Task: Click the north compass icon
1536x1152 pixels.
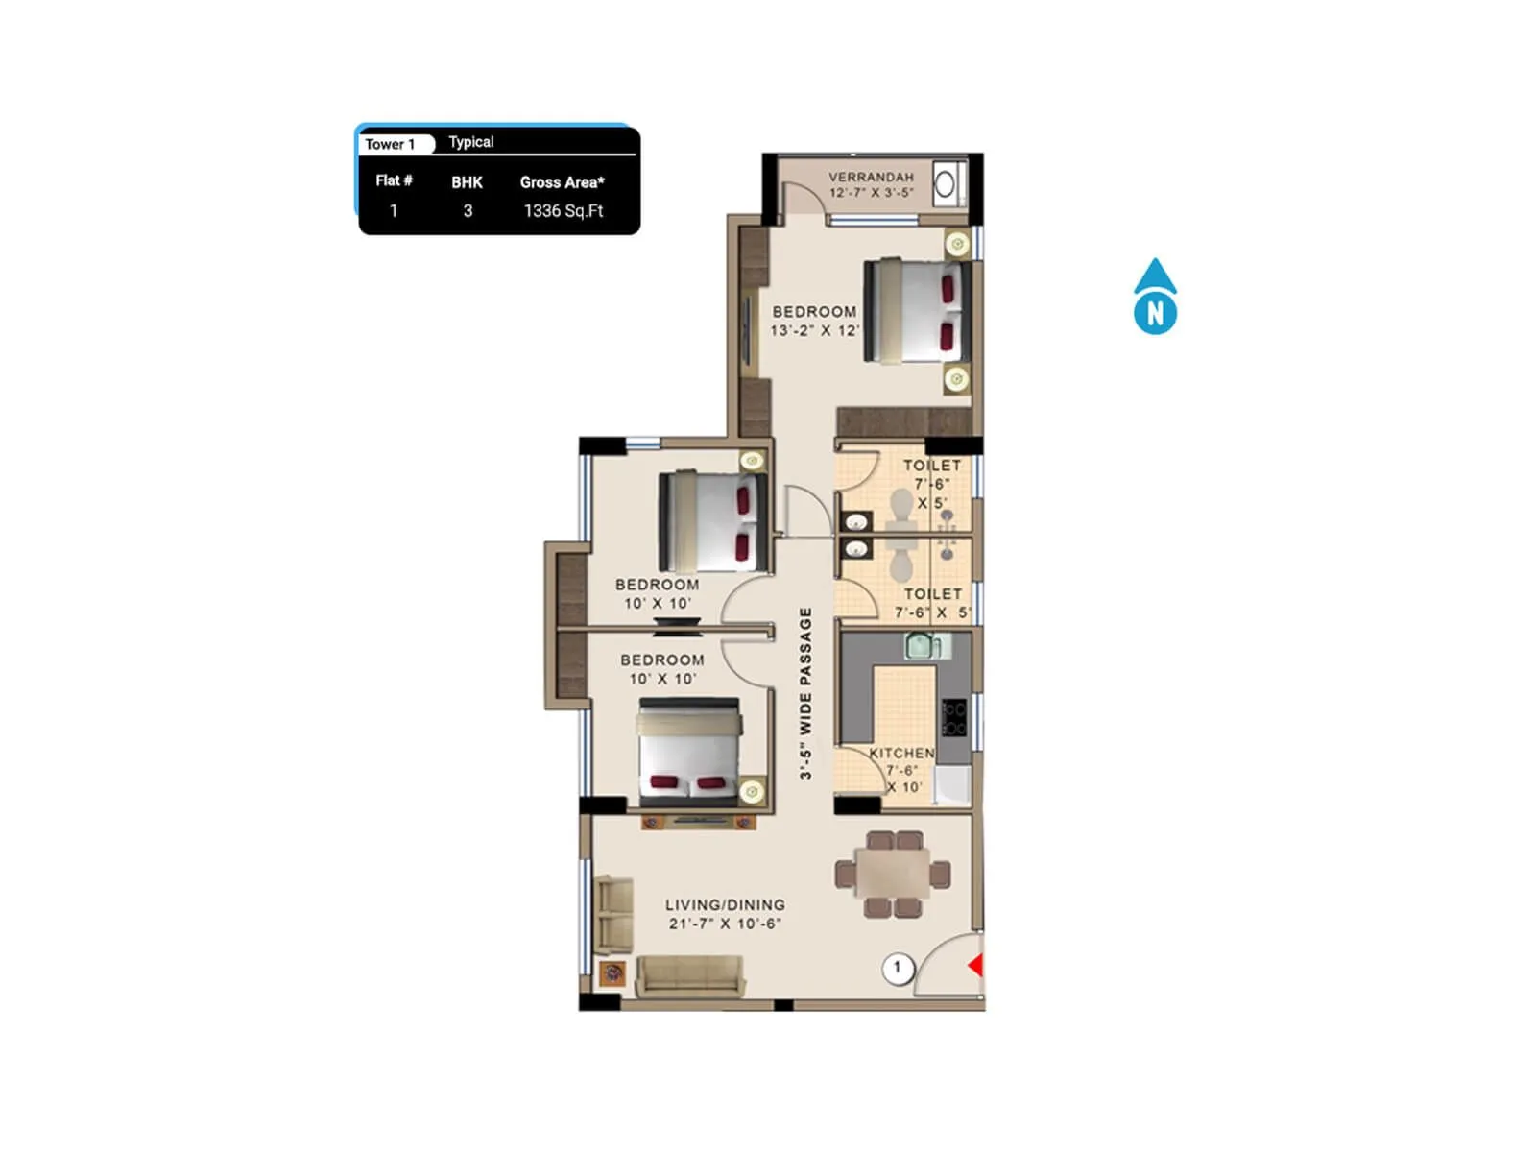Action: pyautogui.click(x=1155, y=298)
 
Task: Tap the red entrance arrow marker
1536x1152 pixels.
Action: pyautogui.click(x=976, y=965)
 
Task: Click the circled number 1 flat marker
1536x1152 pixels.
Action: pyautogui.click(x=897, y=967)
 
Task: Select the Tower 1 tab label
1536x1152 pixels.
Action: pyautogui.click(x=391, y=144)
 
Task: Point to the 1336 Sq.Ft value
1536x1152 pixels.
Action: pyautogui.click(x=564, y=211)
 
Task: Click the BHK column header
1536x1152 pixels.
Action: pyautogui.click(x=468, y=182)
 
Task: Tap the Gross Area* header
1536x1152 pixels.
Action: pyautogui.click(x=563, y=182)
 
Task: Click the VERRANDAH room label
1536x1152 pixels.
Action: pyautogui.click(x=871, y=177)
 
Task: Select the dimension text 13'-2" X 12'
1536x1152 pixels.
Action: pyautogui.click(x=814, y=330)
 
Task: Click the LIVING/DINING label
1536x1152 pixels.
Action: pyautogui.click(x=725, y=904)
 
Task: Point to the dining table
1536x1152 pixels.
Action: pyautogui.click(x=893, y=875)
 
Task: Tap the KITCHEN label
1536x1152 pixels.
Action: pyautogui.click(x=901, y=754)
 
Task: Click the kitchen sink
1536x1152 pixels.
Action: pyautogui.click(x=922, y=646)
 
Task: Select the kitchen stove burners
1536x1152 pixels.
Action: pyautogui.click(x=953, y=718)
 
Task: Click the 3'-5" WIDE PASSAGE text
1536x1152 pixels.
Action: pyautogui.click(x=805, y=692)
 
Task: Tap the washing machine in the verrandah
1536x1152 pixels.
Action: pyautogui.click(x=946, y=183)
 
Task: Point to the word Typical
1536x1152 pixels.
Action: pyautogui.click(x=471, y=142)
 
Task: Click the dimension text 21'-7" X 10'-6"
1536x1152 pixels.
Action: pyautogui.click(x=725, y=924)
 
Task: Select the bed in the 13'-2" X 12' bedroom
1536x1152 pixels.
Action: pyautogui.click(x=917, y=311)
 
